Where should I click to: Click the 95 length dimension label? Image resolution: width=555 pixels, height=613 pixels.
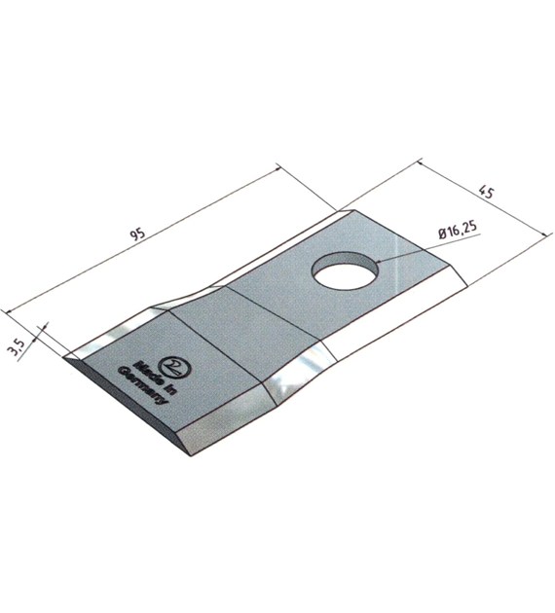click(138, 234)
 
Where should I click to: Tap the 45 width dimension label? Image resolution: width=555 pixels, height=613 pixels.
click(488, 193)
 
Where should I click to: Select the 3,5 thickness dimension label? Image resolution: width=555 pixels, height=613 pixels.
click(18, 348)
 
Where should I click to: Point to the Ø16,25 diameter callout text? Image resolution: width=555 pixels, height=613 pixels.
click(458, 231)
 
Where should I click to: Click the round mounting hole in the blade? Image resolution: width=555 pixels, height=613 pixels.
click(346, 270)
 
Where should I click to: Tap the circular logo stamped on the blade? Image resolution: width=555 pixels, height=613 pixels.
click(175, 368)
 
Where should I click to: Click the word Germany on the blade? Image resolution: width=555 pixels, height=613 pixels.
click(142, 386)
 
